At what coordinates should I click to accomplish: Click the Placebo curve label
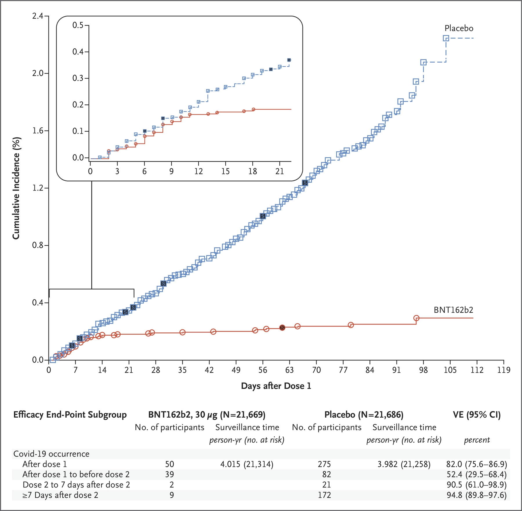459,28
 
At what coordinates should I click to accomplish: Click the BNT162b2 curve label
453,310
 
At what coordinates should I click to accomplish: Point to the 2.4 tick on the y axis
37,16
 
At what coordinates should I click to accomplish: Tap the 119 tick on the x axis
504,370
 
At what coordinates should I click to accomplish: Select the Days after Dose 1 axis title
276,386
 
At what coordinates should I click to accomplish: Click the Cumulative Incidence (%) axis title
16,188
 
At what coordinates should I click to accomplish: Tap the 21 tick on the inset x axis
280,171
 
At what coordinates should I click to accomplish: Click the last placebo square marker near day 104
446,38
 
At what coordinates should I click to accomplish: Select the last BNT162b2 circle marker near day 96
416,318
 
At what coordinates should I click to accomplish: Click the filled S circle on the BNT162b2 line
282,328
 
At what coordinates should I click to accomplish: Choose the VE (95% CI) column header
477,415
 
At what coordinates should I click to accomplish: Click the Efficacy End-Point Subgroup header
70,415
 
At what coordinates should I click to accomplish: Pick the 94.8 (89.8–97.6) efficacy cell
477,495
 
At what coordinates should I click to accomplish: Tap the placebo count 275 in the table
324,464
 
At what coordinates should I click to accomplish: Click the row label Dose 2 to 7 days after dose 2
76,485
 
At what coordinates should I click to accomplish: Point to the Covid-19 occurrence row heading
51,454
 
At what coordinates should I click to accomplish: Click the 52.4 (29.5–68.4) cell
477,474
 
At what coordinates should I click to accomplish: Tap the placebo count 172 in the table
324,495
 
